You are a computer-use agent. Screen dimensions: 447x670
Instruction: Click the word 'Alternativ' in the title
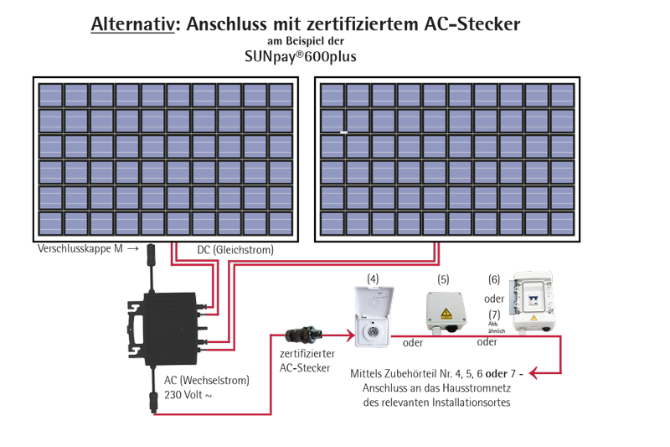pyautogui.click(x=133, y=25)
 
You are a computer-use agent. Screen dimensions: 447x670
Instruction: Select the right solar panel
pyautogui.click(x=447, y=159)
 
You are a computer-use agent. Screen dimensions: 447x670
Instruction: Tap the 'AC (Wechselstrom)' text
pyautogui.click(x=204, y=380)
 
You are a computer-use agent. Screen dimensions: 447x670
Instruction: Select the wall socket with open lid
pyautogui.click(x=369, y=316)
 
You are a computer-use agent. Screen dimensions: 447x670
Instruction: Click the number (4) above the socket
pyautogui.click(x=374, y=277)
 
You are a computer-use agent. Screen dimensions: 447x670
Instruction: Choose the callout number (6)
pyautogui.click(x=494, y=279)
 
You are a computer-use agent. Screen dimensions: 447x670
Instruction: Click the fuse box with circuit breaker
pyautogui.click(x=534, y=306)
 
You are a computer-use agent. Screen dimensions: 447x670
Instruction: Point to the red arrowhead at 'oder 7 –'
pyautogui.click(x=536, y=373)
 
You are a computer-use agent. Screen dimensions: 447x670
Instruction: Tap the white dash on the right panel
pyautogui.click(x=343, y=133)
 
